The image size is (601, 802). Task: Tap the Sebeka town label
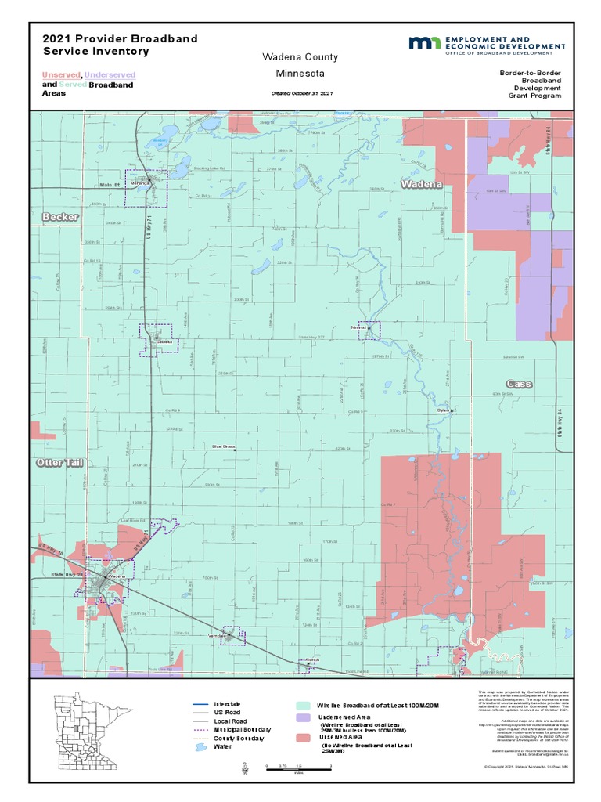pyautogui.click(x=164, y=341)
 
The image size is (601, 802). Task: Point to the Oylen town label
pyautogui.click(x=443, y=410)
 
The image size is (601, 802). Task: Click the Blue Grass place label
pyautogui.click(x=223, y=447)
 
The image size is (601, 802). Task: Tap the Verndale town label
pyautogui.click(x=218, y=635)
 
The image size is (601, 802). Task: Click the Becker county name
pyautogui.click(x=61, y=216)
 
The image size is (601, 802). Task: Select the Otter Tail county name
pyautogui.click(x=59, y=463)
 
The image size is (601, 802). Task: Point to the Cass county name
pyautogui.click(x=519, y=384)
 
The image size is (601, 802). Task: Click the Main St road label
pyautogui.click(x=111, y=185)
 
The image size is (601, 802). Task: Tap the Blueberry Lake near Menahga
pyautogui.click(x=160, y=141)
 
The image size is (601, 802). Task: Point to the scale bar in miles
pyautogui.click(x=298, y=768)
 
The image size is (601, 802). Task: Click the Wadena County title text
pyautogui.click(x=300, y=57)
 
